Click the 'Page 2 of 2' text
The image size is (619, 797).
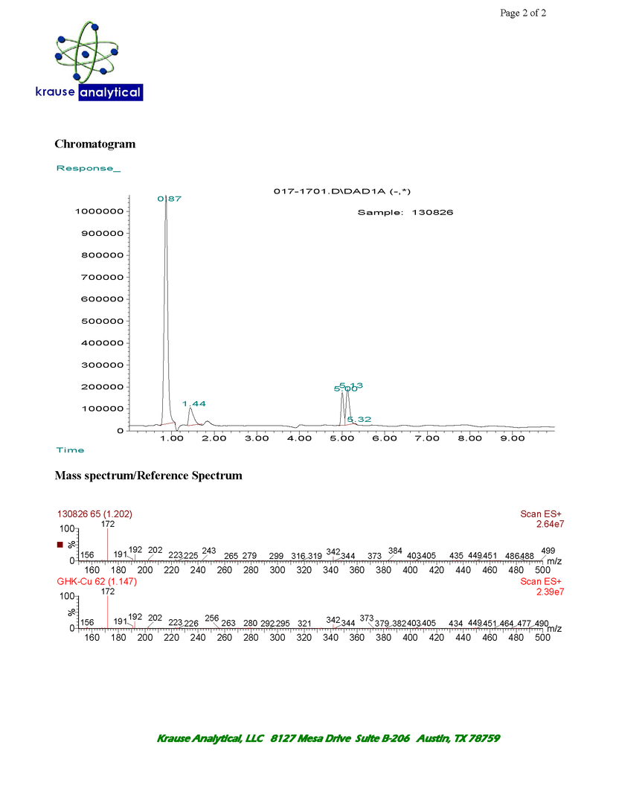click(523, 13)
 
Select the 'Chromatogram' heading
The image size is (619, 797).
click(94, 144)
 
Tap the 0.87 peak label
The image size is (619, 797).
click(170, 199)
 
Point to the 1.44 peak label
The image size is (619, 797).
click(194, 403)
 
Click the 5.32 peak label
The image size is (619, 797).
click(359, 420)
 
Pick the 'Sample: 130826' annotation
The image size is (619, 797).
click(405, 212)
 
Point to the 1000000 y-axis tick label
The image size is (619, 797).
click(99, 211)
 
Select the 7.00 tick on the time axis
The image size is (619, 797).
click(428, 439)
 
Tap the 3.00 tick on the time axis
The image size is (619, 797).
click(257, 439)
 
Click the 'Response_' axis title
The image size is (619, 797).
click(88, 168)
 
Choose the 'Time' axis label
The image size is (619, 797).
click(71, 450)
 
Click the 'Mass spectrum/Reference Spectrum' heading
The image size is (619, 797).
click(148, 476)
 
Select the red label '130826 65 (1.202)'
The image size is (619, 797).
click(95, 513)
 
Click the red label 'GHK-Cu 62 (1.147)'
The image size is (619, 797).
click(94, 581)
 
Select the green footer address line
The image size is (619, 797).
click(327, 738)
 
